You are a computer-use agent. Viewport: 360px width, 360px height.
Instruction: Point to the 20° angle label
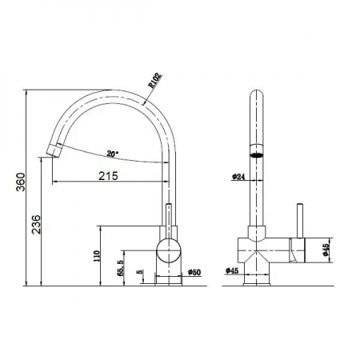(x=111, y=153)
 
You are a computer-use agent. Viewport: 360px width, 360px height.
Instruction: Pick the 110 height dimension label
(x=97, y=255)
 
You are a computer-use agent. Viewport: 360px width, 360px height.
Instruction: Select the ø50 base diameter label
(x=194, y=273)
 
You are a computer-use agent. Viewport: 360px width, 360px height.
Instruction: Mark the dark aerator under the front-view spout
(x=257, y=157)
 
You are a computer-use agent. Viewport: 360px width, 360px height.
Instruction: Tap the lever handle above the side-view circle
(x=168, y=219)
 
